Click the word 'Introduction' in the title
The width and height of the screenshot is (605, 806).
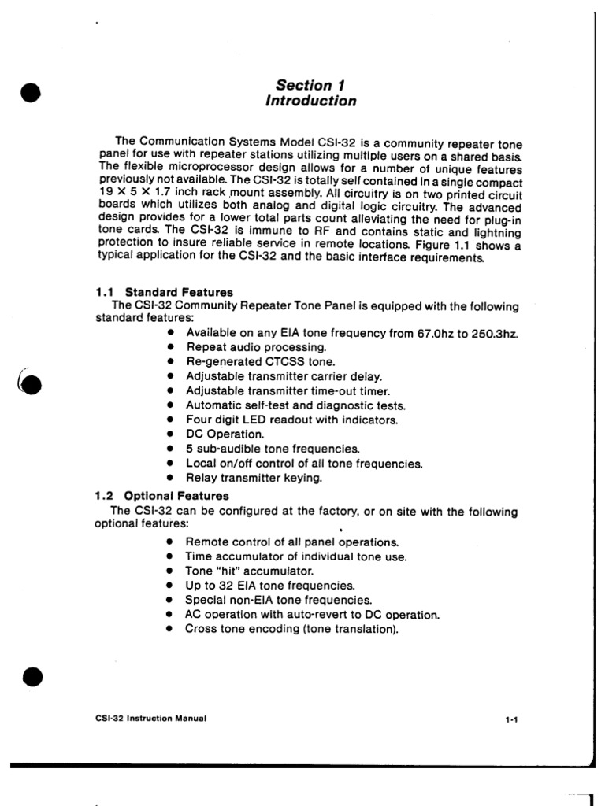[x=310, y=101]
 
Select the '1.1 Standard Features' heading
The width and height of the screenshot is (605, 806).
[x=164, y=293]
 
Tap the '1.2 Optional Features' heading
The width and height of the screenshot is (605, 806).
[x=161, y=496]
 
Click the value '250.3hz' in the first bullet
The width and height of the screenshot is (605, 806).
[x=495, y=333]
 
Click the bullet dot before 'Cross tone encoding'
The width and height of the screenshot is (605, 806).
[x=170, y=628]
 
